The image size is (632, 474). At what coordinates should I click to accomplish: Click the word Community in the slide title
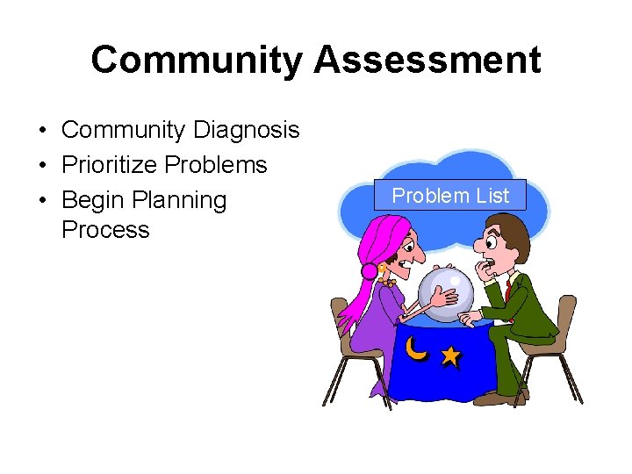tap(196, 61)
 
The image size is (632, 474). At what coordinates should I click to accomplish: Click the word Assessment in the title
tap(427, 61)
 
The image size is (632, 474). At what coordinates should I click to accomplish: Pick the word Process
tap(105, 230)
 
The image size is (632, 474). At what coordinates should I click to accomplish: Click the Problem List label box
tap(449, 195)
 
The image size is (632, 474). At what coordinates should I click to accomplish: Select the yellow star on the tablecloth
tap(450, 355)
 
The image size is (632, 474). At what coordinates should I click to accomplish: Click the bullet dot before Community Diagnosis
tap(42, 132)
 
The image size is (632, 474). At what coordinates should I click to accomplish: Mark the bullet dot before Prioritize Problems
tap(42, 166)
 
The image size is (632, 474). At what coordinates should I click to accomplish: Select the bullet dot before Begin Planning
tap(42, 201)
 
